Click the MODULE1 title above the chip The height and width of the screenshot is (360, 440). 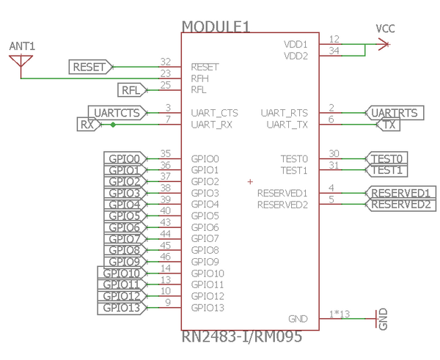(216, 26)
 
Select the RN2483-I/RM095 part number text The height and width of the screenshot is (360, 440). (241, 338)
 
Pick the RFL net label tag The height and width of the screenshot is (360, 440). (133, 90)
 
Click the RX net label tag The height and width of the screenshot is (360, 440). (87, 125)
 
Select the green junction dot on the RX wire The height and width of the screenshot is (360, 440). (113, 125)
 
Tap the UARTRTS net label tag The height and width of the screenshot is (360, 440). (395, 113)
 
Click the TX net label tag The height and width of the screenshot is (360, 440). (390, 125)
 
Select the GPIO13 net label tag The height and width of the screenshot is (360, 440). (122, 308)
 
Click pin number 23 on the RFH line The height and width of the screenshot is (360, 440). (165, 73)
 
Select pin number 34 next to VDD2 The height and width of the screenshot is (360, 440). (334, 51)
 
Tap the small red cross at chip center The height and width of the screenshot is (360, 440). (250, 181)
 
